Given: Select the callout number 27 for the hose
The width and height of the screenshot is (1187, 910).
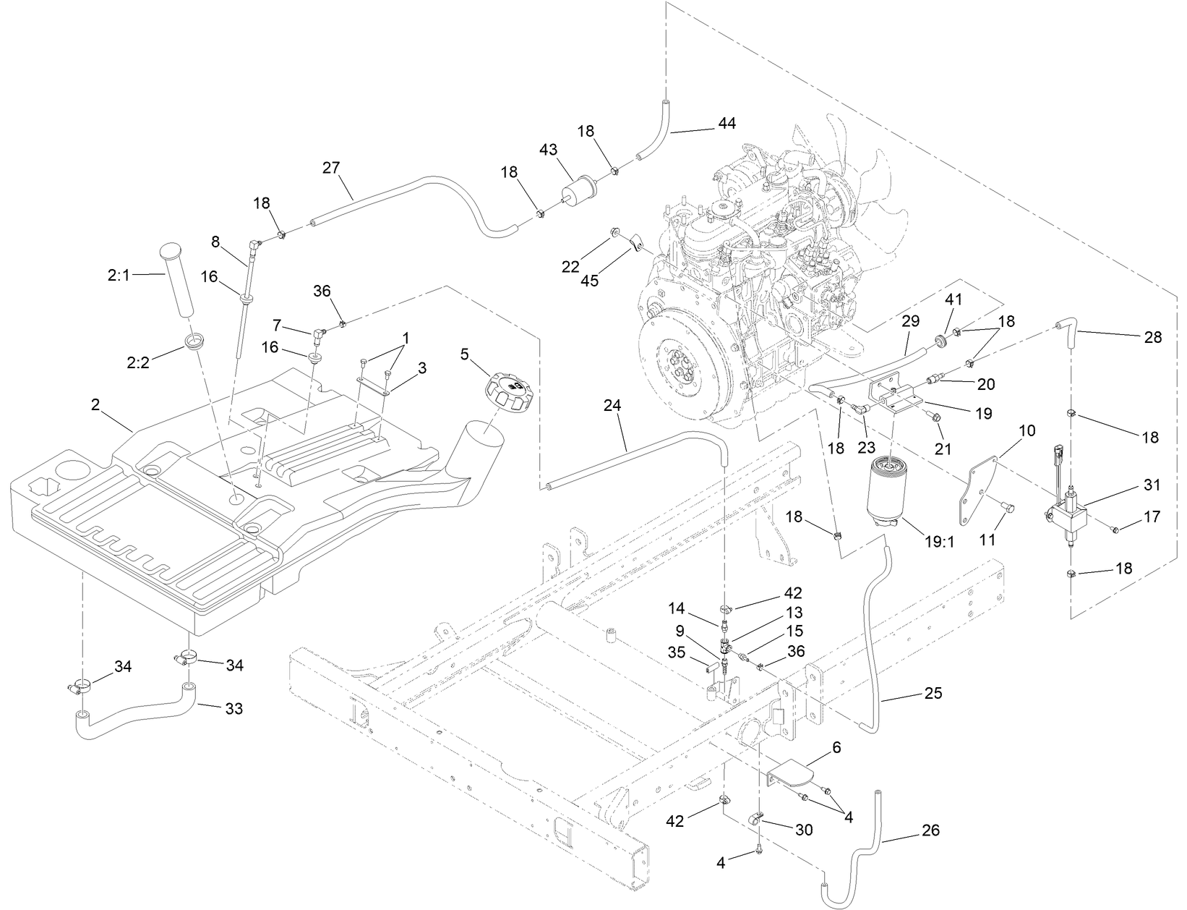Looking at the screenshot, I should point(332,168).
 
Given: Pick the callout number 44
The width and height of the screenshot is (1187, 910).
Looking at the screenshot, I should point(727,124).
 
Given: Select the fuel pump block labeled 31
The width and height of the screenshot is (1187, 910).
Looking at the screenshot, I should point(1068,514).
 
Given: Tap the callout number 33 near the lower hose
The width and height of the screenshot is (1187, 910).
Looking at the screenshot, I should point(233,708).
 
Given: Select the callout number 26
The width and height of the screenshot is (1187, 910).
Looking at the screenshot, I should point(931,830).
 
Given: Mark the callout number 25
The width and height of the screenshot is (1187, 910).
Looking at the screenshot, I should point(933,693).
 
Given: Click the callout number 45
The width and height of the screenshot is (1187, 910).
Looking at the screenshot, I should point(590,281).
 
